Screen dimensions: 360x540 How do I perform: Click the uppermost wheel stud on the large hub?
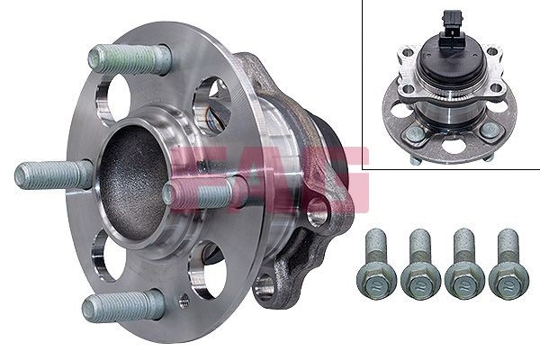point(130,59)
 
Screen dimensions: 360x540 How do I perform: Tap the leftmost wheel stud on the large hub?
point(54,174)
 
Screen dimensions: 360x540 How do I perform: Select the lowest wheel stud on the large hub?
point(122,306)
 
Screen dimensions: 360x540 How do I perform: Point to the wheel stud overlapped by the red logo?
point(202,193)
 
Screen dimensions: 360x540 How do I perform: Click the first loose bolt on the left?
point(376,265)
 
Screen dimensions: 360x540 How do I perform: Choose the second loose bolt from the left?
point(419,265)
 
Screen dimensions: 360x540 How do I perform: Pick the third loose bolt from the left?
point(462,265)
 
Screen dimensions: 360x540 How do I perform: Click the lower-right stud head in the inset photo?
point(489,130)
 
